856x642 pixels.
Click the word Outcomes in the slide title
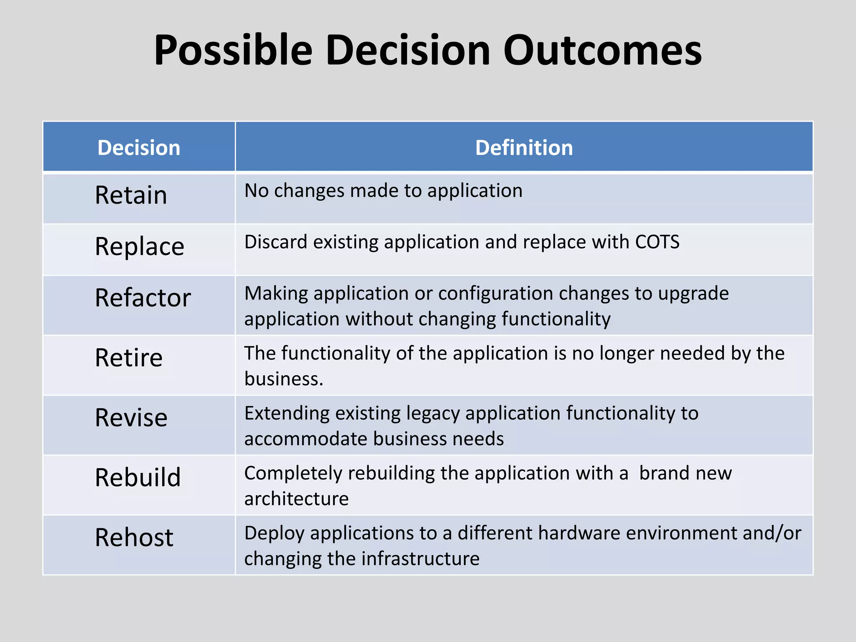602,51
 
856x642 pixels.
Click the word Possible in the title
233,51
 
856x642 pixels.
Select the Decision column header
139,148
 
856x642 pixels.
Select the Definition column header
524,148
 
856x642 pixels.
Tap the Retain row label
131,195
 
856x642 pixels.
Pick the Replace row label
139,247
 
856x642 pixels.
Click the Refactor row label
143,298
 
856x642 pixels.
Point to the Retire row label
128,358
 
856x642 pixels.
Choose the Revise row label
131,418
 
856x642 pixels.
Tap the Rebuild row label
138,477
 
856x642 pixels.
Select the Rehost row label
134,538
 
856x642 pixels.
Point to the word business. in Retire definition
284,379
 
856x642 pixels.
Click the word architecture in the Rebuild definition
296,499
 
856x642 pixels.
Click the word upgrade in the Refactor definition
693,293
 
